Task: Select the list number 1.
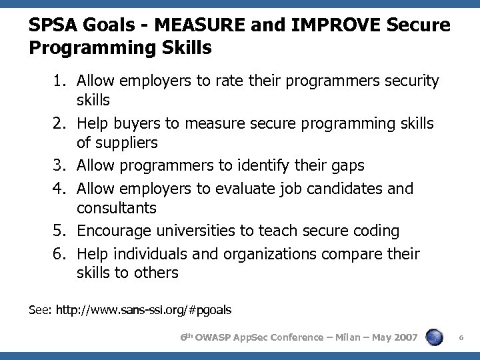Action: click(x=62, y=81)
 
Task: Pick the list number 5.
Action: click(x=62, y=231)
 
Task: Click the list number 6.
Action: click(x=62, y=254)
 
